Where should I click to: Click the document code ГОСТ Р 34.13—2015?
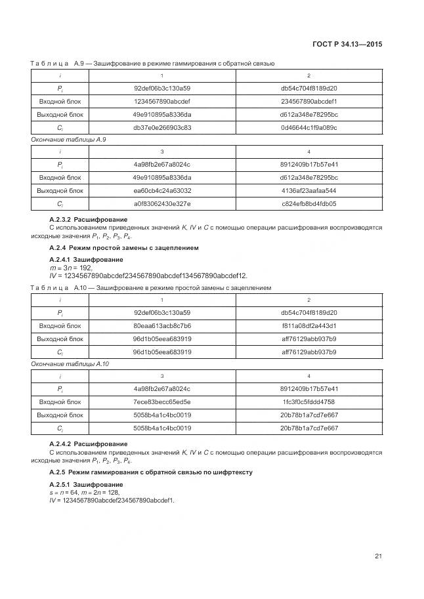(x=349, y=44)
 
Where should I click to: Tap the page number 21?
(x=378, y=556)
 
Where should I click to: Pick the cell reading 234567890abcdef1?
(x=308, y=101)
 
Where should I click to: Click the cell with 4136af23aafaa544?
(x=308, y=190)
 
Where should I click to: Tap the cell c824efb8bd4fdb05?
(x=308, y=203)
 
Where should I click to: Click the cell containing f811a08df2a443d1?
(x=308, y=325)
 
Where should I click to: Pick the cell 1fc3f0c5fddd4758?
(x=308, y=402)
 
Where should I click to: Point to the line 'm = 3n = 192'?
(x=72, y=268)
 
